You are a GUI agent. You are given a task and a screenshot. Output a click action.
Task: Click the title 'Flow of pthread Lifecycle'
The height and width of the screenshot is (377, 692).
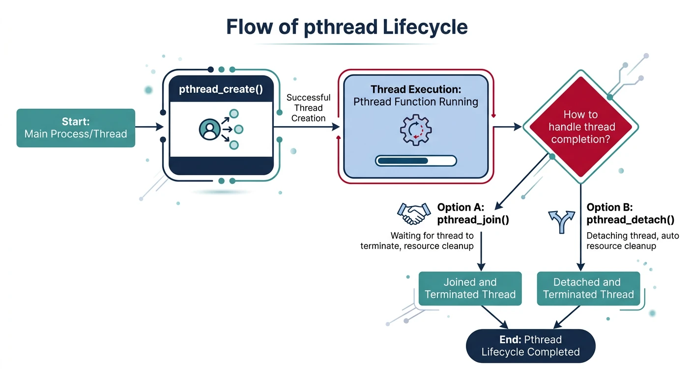(x=346, y=27)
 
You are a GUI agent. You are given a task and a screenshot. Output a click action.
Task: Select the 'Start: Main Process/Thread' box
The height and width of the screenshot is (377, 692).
(x=76, y=128)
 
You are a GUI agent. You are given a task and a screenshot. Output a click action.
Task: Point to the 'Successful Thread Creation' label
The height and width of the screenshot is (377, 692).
(x=308, y=108)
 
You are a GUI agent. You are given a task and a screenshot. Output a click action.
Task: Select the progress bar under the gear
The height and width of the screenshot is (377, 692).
(x=415, y=161)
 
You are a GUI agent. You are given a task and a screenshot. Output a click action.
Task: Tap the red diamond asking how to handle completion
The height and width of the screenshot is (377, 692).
(x=580, y=127)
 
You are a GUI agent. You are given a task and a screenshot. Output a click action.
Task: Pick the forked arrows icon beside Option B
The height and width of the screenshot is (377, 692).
(x=560, y=220)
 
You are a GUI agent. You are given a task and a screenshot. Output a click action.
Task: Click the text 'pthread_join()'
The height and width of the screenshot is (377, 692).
(x=473, y=220)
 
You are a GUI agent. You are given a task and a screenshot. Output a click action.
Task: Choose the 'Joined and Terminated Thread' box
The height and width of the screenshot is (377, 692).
(x=470, y=288)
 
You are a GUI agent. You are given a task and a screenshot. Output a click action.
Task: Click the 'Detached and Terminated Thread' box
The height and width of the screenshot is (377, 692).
(x=588, y=288)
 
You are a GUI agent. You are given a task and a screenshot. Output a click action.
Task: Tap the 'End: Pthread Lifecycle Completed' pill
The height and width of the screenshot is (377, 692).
(x=530, y=346)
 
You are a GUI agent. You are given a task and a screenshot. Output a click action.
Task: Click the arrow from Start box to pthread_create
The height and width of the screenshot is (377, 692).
(x=149, y=127)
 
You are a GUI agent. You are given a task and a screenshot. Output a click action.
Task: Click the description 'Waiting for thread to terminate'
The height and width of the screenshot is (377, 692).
(x=418, y=241)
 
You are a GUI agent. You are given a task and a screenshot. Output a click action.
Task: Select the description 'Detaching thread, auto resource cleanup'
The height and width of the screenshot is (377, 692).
(x=633, y=241)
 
